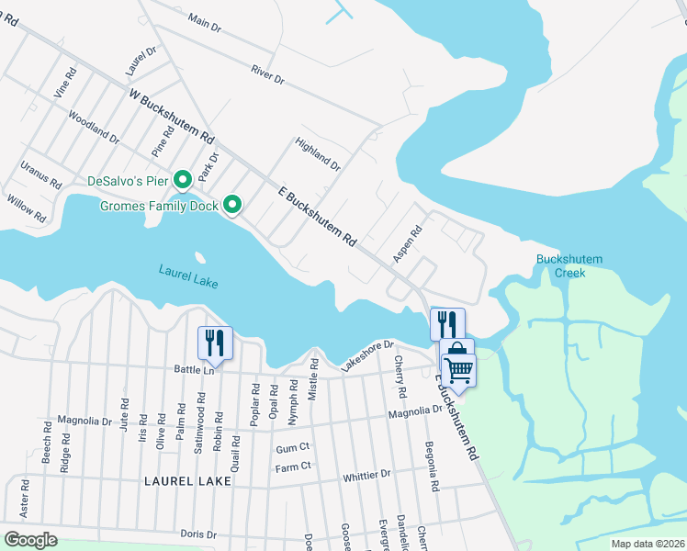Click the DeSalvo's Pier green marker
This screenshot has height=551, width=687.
pyautogui.click(x=182, y=179)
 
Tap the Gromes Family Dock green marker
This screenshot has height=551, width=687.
pyautogui.click(x=232, y=205)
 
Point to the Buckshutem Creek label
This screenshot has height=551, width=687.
pyautogui.click(x=569, y=266)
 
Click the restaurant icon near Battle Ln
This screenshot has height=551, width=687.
pyautogui.click(x=215, y=343)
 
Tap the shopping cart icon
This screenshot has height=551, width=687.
pyautogui.click(x=457, y=370)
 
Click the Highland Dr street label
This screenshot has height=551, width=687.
pyautogui.click(x=317, y=154)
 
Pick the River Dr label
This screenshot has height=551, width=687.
pyautogui.click(x=267, y=74)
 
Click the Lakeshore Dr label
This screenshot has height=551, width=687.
pyautogui.click(x=366, y=354)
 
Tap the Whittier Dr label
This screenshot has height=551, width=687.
pyautogui.click(x=366, y=475)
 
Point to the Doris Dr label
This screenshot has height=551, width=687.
pyautogui.click(x=197, y=534)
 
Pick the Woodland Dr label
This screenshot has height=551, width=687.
pyautogui.click(x=94, y=127)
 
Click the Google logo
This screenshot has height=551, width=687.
pyautogui.click(x=30, y=539)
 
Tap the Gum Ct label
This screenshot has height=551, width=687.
pyautogui.click(x=294, y=449)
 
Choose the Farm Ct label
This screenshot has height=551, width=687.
pyautogui.click(x=294, y=467)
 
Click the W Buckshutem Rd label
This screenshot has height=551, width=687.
pyautogui.click(x=172, y=115)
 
